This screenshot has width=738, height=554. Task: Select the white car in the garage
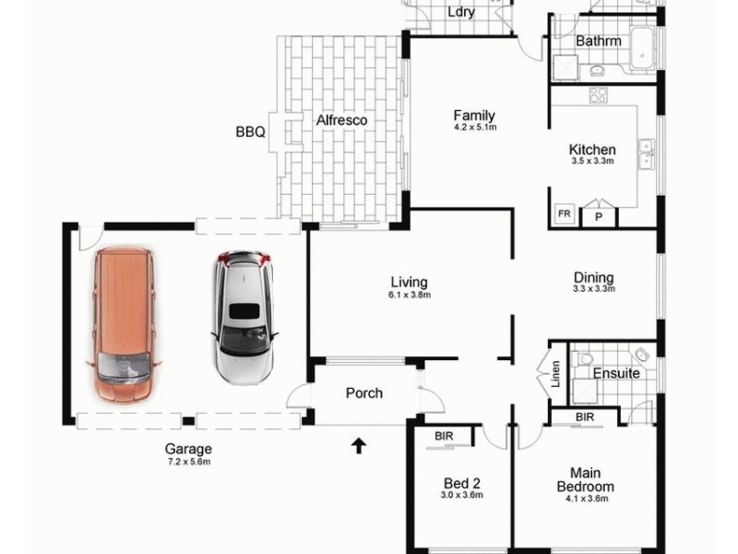click(244, 317)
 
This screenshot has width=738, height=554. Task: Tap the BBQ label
click(250, 132)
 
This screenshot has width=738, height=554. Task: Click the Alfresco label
click(342, 120)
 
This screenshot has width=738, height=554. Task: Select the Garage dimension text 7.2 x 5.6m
click(189, 462)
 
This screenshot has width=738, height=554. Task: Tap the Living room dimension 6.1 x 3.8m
click(410, 295)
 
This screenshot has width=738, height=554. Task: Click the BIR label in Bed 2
click(443, 435)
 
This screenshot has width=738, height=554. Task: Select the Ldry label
click(459, 12)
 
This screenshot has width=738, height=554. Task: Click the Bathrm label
click(598, 42)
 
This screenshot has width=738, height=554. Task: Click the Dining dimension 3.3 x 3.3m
click(593, 289)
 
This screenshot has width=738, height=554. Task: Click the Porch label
click(363, 392)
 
